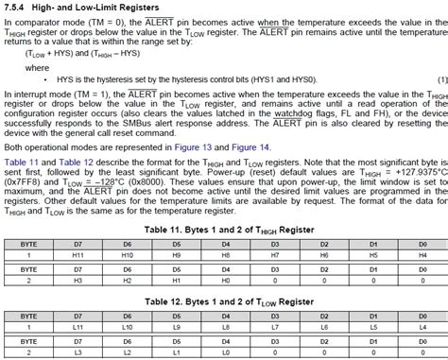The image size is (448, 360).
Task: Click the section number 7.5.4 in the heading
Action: tap(15, 8)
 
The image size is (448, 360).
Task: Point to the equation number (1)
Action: tap(437, 80)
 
